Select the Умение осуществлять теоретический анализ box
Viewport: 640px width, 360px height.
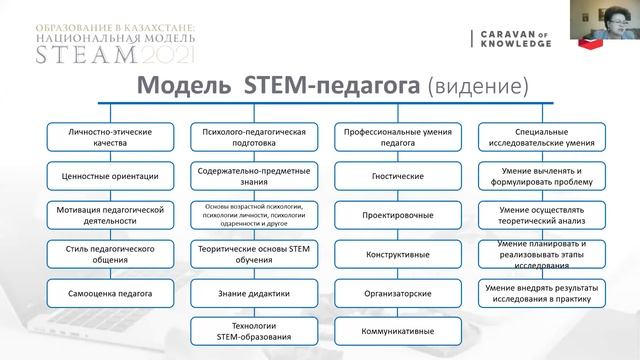(539, 214)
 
